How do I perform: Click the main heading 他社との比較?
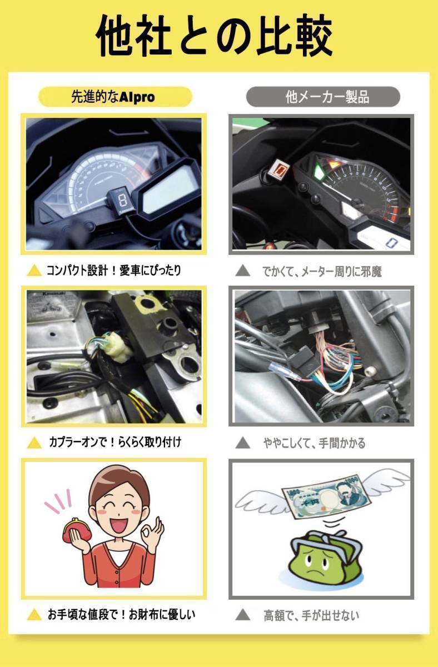(x=218, y=34)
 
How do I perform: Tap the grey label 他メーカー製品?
(x=322, y=97)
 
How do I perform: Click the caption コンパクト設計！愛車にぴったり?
(x=113, y=271)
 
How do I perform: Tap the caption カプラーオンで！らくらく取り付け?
(x=113, y=442)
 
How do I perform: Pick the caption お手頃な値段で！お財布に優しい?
(x=121, y=614)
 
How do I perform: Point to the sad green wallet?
(x=325, y=556)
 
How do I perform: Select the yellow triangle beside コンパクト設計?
(x=35, y=271)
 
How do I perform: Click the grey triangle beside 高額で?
(x=243, y=615)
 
